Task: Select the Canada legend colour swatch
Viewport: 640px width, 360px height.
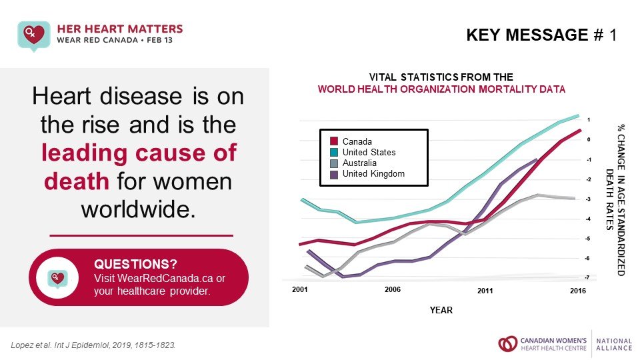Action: tap(335, 141)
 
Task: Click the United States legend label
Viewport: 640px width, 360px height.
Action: tap(369, 152)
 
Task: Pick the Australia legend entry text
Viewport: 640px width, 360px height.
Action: tap(360, 163)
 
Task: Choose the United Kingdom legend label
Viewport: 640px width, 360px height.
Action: tap(373, 173)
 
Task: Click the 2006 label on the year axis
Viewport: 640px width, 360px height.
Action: tap(393, 290)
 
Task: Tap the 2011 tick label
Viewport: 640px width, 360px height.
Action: tap(485, 291)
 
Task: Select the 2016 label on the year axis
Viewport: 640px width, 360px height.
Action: tap(578, 291)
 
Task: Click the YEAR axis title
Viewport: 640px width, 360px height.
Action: tap(441, 310)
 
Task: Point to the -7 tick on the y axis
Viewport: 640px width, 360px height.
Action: tap(587, 277)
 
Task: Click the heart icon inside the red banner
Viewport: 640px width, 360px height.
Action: tap(57, 277)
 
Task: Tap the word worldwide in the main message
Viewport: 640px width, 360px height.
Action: tap(138, 208)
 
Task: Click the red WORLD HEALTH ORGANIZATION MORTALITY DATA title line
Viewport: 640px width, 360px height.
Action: tap(441, 89)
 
